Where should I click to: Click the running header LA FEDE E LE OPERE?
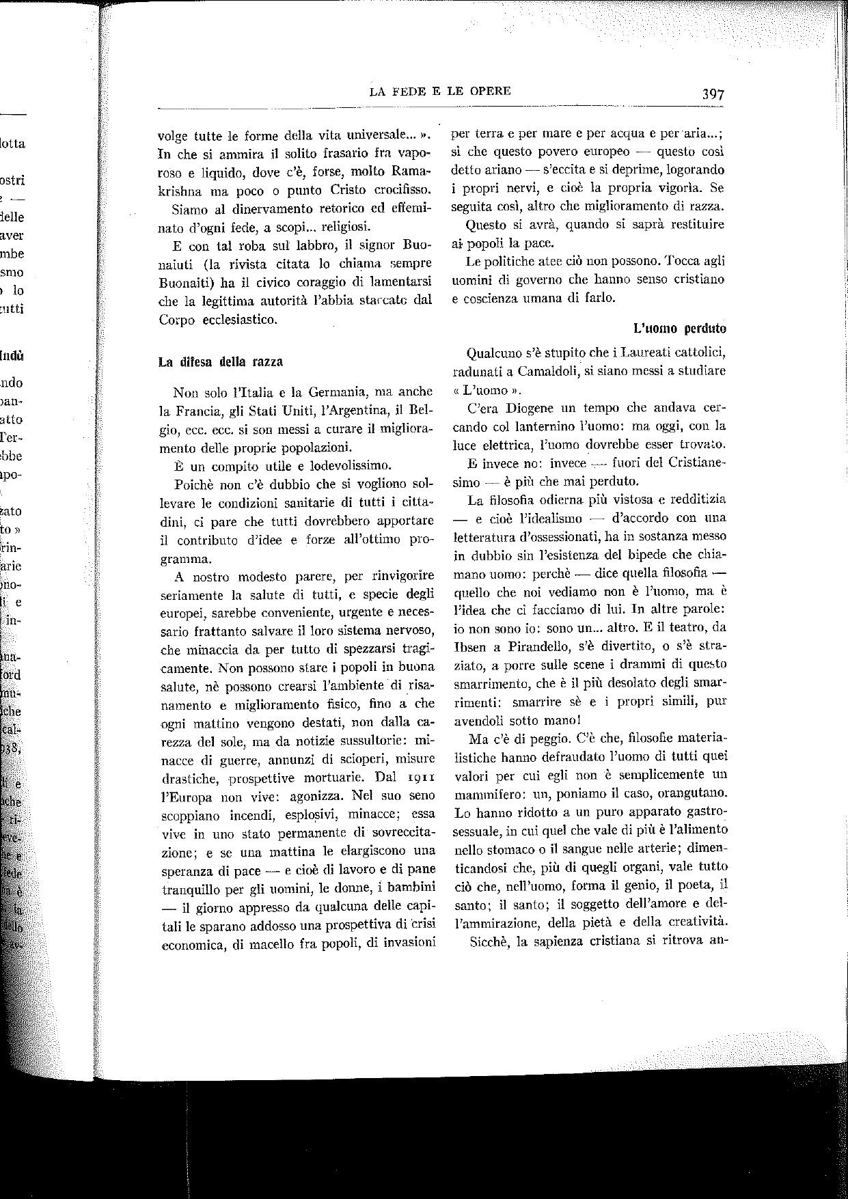[x=439, y=91]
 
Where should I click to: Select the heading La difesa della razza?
[x=221, y=361]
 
